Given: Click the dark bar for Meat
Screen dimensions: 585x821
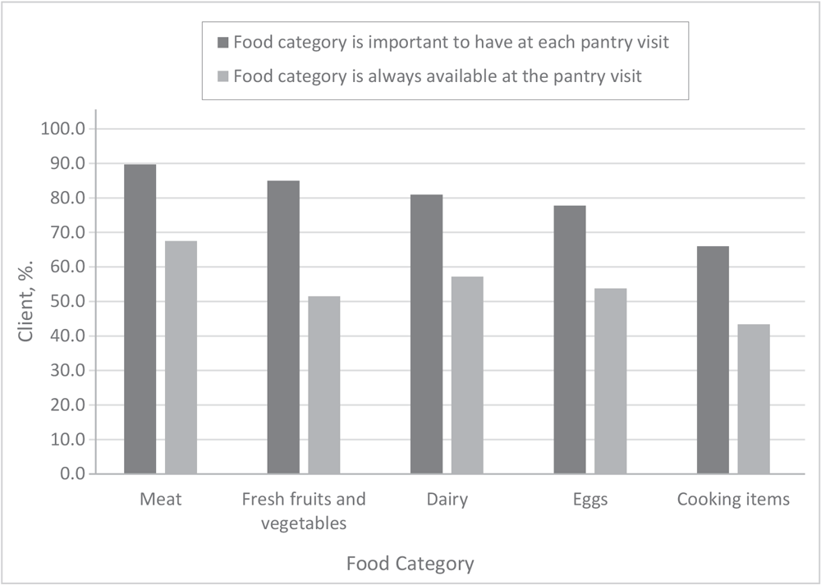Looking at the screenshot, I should [x=140, y=319].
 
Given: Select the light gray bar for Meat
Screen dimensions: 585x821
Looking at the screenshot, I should [x=181, y=357].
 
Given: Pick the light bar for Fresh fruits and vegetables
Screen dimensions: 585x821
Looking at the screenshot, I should [x=324, y=385].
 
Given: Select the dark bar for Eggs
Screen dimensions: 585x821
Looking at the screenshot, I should [x=570, y=340].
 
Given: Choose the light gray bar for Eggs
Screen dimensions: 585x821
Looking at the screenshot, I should [x=611, y=381].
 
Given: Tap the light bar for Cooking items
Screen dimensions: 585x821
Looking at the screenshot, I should [x=754, y=399].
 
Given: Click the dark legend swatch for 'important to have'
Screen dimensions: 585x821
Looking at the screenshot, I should [x=223, y=43].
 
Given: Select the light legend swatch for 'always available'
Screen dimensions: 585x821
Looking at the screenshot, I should [x=223, y=76].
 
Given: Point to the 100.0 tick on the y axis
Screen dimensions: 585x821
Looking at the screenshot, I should [x=67, y=129].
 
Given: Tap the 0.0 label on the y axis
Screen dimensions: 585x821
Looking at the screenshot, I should [x=74, y=473].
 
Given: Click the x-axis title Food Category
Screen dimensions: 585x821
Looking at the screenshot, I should [x=410, y=564].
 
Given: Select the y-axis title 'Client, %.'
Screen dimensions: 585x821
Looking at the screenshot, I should [x=26, y=301].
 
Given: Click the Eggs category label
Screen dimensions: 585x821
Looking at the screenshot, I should [x=589, y=500].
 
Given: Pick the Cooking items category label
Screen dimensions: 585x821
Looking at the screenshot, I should [x=733, y=500].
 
